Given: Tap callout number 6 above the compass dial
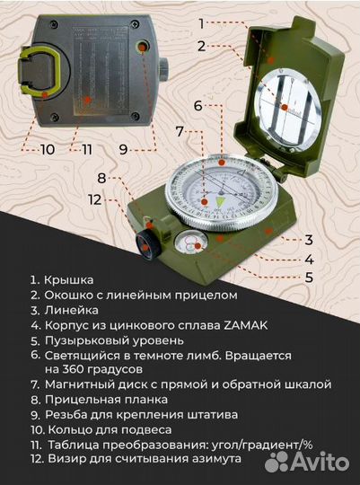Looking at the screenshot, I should [x=198, y=106].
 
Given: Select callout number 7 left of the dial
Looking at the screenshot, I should [x=180, y=132].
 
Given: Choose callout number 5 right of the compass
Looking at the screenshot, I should [x=309, y=277].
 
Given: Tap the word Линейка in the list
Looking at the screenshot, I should [x=74, y=310].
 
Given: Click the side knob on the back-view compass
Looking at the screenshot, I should [x=165, y=68].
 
